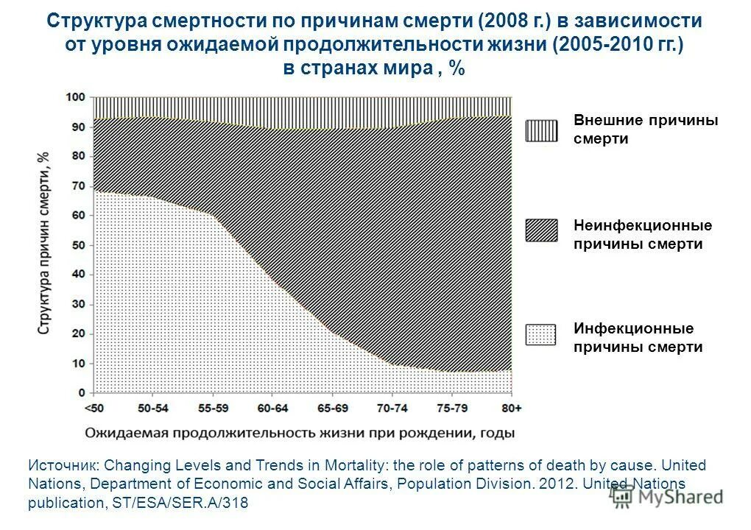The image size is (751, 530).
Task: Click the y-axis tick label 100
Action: [x=76, y=97]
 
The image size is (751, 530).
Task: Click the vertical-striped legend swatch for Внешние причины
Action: [x=541, y=130]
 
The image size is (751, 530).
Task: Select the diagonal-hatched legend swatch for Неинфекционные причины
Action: [x=541, y=230]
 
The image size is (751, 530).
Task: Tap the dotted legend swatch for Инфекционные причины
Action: [x=541, y=334]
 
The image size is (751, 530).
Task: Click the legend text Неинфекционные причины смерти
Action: [x=642, y=235]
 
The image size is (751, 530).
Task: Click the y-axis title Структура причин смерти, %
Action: [x=45, y=244]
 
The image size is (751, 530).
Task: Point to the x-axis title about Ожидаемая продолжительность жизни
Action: [x=298, y=433]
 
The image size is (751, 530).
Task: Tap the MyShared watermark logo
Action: [x=666, y=496]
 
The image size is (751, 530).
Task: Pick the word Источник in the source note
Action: [x=62, y=466]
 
